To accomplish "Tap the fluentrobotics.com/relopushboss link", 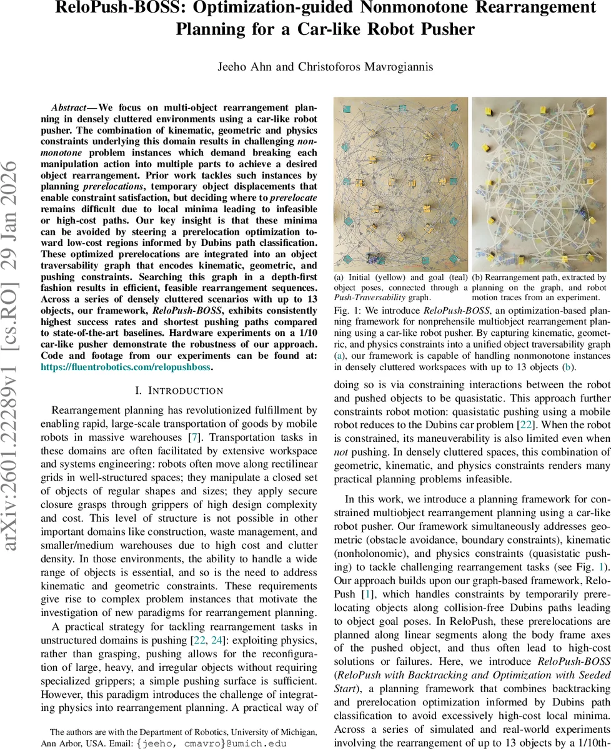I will click(126, 368).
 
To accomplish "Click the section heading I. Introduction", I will click(179, 391).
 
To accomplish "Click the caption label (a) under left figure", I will click(339, 277).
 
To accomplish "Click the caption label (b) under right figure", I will click(477, 277).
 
